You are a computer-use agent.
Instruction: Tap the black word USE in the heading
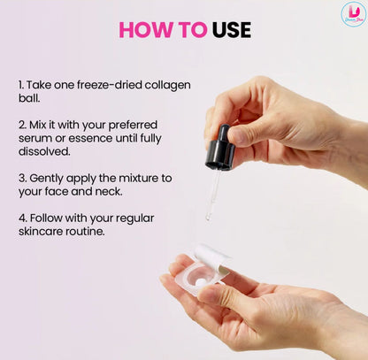[232, 30]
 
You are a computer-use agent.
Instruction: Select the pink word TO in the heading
[193, 30]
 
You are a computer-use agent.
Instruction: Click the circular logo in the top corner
[353, 14]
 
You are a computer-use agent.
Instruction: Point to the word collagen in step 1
[167, 85]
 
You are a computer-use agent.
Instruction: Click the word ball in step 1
[28, 98]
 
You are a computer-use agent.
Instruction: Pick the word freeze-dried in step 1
[109, 85]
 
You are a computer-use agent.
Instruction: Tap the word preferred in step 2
[133, 126]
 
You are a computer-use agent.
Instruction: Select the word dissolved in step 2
[44, 151]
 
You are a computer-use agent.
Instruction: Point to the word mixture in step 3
[138, 178]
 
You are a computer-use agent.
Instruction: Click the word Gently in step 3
[47, 179]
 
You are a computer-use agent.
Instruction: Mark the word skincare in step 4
[41, 232]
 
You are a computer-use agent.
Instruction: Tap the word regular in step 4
[134, 218]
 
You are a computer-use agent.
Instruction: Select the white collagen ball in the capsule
[200, 282]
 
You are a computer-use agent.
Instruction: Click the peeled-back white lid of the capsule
[211, 257]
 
